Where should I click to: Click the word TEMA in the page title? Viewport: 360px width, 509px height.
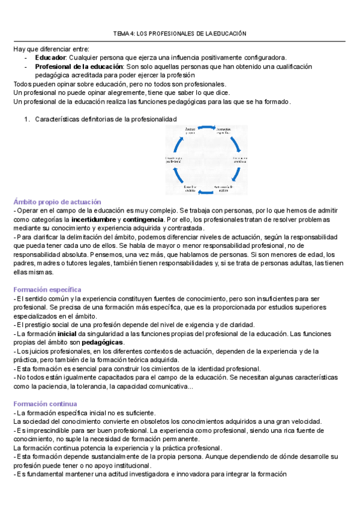tap(122, 34)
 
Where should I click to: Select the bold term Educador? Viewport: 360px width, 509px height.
tap(50, 57)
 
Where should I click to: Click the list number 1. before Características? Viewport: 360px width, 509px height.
tap(27, 119)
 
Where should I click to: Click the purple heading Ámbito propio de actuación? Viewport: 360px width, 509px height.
tap(57, 202)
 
